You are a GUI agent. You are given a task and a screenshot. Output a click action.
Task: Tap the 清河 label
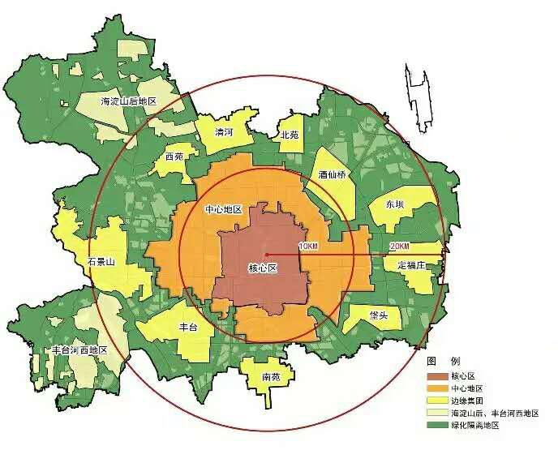(224, 131)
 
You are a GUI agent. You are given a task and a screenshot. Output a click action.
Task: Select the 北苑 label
(290, 135)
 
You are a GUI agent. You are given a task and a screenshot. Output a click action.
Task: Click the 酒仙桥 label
(332, 174)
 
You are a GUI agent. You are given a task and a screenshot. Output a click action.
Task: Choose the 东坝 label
(395, 204)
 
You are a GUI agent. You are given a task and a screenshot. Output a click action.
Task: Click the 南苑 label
(271, 376)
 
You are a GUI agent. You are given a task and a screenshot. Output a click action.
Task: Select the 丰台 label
(187, 326)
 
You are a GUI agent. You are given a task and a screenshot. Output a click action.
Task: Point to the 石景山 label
(101, 261)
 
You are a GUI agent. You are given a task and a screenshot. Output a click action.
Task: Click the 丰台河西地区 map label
(79, 349)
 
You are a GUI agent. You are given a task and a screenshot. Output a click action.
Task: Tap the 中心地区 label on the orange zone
(224, 209)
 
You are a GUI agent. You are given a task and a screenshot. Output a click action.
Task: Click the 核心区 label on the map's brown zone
(260, 268)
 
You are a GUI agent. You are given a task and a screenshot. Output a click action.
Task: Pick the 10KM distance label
(308, 246)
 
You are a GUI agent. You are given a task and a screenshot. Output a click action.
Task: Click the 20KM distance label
(399, 246)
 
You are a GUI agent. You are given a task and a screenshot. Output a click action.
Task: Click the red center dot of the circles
(266, 255)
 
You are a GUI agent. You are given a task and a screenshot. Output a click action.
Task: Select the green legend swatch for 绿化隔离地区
(436, 425)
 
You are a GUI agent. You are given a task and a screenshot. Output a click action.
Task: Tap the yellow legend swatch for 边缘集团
(436, 401)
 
